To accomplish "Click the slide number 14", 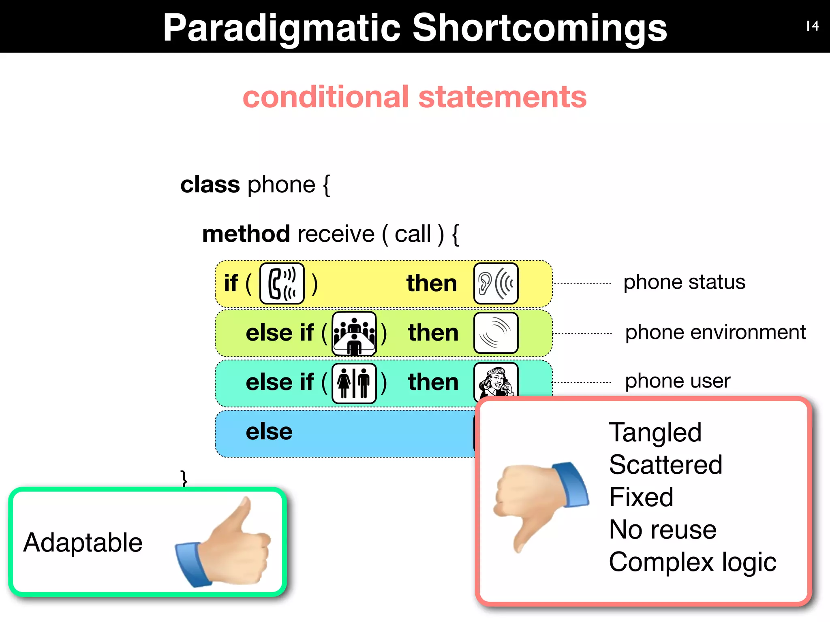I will click(x=812, y=26).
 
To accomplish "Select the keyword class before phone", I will click(x=210, y=185).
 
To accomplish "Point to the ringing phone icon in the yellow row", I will click(x=282, y=283).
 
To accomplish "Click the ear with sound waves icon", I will click(x=496, y=283).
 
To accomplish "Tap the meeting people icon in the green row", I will click(x=354, y=334).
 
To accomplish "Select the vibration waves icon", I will click(x=496, y=333).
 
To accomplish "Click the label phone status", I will click(x=684, y=282).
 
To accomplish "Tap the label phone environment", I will click(x=715, y=332).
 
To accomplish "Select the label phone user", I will click(x=678, y=381).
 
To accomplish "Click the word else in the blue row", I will click(x=269, y=432).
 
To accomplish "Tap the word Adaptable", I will click(x=83, y=543).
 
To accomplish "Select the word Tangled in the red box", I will click(x=655, y=432).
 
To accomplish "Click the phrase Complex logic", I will click(x=692, y=562).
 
